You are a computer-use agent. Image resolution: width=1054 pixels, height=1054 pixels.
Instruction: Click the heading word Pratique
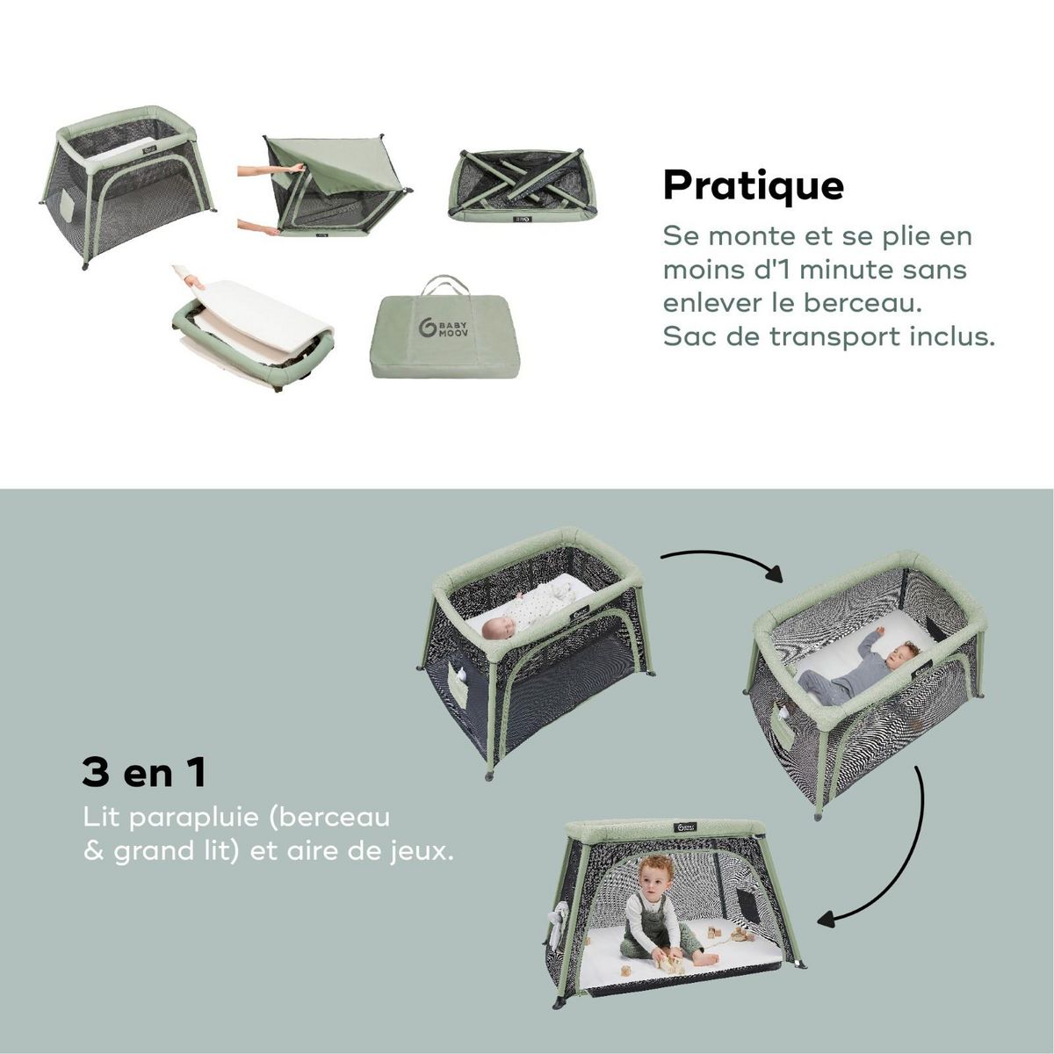(x=753, y=185)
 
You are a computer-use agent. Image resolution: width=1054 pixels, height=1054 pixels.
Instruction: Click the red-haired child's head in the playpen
(x=655, y=873)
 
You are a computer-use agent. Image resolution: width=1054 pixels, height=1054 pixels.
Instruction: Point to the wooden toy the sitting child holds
(x=672, y=964)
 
